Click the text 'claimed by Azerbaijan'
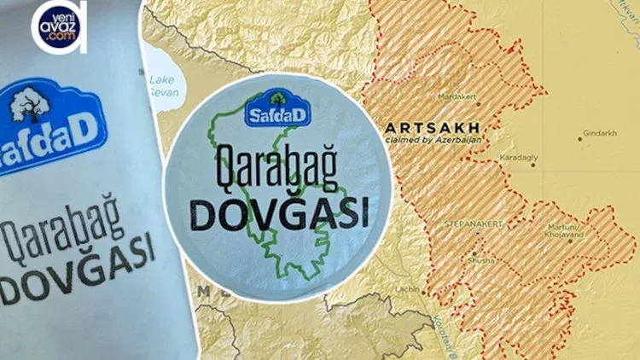click(423, 138)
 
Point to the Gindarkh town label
click(596, 135)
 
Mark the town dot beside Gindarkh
click(577, 135)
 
